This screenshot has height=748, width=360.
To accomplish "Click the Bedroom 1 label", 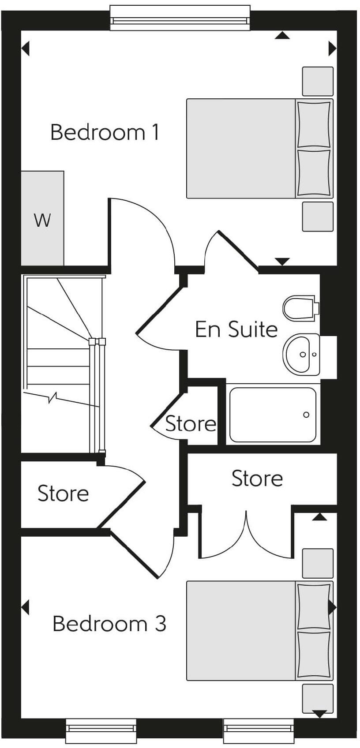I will (105, 132).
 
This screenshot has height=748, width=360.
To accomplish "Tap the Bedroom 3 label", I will (109, 624).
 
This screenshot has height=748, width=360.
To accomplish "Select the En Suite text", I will (236, 329).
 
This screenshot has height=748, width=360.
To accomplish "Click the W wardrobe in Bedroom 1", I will (43, 219).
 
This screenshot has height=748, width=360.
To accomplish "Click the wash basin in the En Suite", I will (301, 354).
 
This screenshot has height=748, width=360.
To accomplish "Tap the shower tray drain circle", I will (306, 415).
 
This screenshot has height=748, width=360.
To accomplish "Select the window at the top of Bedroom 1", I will (180, 18).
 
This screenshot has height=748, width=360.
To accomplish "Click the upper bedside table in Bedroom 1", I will (318, 81).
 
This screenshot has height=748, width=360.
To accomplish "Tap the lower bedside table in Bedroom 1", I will (318, 217).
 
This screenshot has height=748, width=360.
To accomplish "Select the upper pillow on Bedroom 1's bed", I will (314, 124).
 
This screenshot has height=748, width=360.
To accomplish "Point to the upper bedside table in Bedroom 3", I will (318, 563).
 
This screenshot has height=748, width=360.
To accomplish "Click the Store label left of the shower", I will (191, 424).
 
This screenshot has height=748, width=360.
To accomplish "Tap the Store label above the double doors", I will (257, 479).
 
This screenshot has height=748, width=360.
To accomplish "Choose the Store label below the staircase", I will (63, 494).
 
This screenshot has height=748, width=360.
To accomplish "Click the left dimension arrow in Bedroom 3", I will (26, 607).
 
